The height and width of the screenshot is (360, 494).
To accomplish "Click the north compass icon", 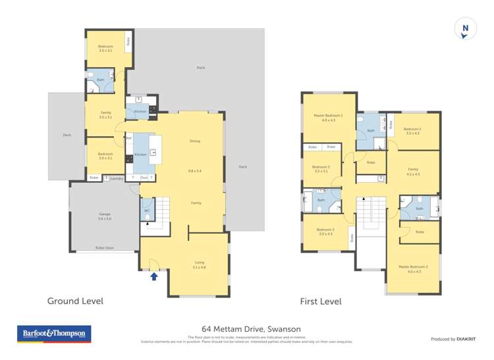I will (465, 30).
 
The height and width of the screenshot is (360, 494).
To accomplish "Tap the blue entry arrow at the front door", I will (154, 276).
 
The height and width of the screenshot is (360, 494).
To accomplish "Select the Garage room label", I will (104, 215).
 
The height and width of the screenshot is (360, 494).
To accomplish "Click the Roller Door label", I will (104, 248).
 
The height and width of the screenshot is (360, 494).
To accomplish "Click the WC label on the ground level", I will (147, 211).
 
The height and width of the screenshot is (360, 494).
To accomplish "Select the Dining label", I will (195, 141).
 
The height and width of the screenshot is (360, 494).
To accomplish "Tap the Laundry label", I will (117, 178).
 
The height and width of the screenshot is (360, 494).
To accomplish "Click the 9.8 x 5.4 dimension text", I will (195, 171).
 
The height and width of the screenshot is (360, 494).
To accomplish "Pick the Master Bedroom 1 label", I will (329, 116).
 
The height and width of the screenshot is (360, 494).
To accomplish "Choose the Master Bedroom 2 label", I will (413, 267).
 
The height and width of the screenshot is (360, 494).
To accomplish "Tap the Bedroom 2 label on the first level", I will (321, 167).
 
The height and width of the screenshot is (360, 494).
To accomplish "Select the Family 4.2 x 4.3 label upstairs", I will (413, 169).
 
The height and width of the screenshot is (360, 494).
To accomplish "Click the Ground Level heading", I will (75, 301).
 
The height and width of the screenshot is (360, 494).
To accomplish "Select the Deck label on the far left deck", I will (67, 135).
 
